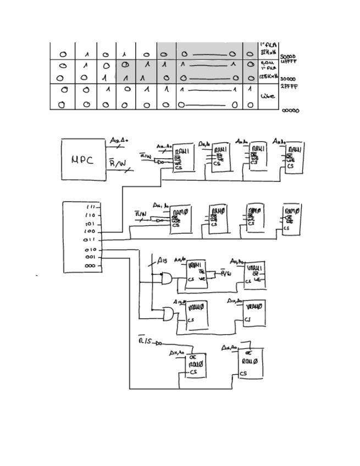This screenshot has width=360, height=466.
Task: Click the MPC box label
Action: [x=82, y=160]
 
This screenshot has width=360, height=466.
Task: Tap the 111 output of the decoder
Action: [x=91, y=207]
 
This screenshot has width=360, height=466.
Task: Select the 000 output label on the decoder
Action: [x=90, y=265]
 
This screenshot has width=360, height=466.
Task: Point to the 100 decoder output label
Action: [x=90, y=232]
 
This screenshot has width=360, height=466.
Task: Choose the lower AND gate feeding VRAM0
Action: [x=167, y=314]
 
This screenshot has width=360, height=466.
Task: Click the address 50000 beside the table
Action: [x=288, y=57]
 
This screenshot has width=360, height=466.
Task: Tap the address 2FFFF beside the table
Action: [x=289, y=86]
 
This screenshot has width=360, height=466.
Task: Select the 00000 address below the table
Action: [x=291, y=110]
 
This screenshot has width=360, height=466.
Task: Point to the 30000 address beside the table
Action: [x=288, y=79]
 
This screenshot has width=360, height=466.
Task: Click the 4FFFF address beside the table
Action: [x=289, y=62]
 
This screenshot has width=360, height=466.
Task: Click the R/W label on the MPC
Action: [x=117, y=163]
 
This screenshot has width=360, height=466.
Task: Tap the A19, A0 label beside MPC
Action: [x=119, y=141]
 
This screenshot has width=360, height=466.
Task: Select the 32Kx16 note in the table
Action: [x=268, y=53]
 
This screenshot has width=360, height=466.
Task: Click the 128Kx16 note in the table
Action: [x=268, y=76]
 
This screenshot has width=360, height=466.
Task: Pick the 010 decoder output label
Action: [x=90, y=249]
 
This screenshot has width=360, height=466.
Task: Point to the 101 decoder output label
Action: [x=90, y=224]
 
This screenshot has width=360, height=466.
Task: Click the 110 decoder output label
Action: [x=90, y=215]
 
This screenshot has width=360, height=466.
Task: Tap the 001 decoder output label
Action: [x=90, y=257]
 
